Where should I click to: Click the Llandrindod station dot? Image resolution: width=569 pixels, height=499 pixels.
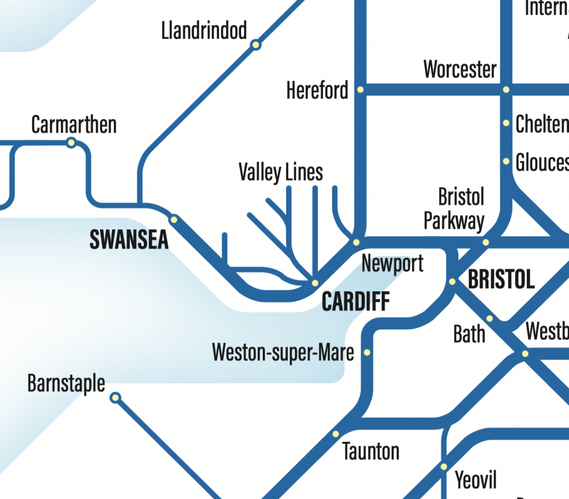pyautogui.click(x=256, y=45)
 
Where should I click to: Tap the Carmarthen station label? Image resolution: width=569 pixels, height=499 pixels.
pyautogui.click(x=74, y=125)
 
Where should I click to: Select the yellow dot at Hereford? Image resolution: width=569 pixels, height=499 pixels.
pyautogui.click(x=360, y=89)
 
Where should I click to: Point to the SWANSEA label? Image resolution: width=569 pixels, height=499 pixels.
pyautogui.click(x=129, y=239)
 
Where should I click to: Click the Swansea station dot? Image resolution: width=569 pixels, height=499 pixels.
pyautogui.click(x=174, y=219)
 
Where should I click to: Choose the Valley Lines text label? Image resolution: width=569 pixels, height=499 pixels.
pyautogui.click(x=281, y=172)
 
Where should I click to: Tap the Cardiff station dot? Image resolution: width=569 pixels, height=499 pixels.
pyautogui.click(x=315, y=283)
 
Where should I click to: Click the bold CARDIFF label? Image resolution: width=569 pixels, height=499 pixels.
pyautogui.click(x=356, y=302)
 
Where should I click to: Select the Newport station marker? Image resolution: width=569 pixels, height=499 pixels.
pyautogui.click(x=356, y=242)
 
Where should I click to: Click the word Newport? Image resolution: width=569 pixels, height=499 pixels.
pyautogui.click(x=392, y=263)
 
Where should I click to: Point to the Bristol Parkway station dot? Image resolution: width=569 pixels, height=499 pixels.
pyautogui.click(x=486, y=242)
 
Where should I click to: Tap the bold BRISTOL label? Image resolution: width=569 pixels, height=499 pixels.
pyautogui.click(x=501, y=280)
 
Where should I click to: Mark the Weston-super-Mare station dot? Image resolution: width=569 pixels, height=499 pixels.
pyautogui.click(x=367, y=352)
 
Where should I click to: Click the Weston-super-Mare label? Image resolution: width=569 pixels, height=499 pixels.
pyautogui.click(x=283, y=352)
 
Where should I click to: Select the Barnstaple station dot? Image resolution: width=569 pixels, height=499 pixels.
pyautogui.click(x=115, y=397)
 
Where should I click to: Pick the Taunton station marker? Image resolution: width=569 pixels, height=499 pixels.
pyautogui.click(x=336, y=434)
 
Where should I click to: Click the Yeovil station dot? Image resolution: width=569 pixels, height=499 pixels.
pyautogui.click(x=443, y=466)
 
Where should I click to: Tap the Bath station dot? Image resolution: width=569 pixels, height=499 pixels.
pyautogui.click(x=490, y=318)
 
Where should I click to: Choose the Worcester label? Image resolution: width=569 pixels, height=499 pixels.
pyautogui.click(x=460, y=70)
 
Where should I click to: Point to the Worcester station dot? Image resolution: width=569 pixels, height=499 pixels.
pyautogui.click(x=506, y=89)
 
